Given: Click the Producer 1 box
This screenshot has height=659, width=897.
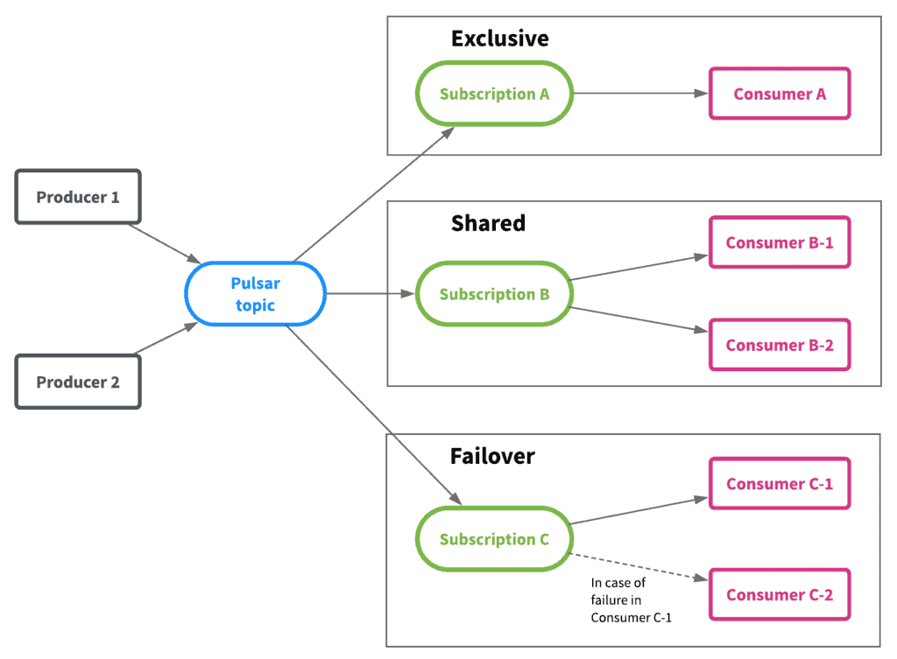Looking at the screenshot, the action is point(78,197).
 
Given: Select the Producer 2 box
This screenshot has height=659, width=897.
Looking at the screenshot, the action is point(78,382).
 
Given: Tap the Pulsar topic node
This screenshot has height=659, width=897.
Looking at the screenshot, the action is point(255,294).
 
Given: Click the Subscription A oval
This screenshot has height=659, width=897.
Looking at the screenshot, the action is point(494,93).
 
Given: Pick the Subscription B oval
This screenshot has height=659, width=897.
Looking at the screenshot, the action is point(494,294).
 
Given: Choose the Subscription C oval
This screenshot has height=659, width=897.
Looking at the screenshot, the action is point(494,538).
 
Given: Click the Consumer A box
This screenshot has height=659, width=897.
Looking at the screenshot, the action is point(780,93).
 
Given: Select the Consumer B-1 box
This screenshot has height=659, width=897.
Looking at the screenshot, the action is point(780,242).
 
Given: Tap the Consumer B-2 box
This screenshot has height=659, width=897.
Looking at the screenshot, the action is point(780,345).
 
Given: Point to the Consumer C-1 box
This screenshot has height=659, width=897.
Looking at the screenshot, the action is point(780,484).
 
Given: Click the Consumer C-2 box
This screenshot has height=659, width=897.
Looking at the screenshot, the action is point(780,594).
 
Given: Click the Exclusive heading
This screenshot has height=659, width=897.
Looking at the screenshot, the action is point(500,39).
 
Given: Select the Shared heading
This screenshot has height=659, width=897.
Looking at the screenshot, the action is point(488,223).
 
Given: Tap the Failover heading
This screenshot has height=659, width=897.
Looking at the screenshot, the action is point(492,456).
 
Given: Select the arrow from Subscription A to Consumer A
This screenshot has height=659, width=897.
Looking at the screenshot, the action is point(640,93).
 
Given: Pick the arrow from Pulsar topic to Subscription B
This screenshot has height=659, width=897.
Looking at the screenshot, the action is point(371,294).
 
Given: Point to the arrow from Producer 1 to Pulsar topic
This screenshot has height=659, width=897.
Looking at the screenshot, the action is point(165,244).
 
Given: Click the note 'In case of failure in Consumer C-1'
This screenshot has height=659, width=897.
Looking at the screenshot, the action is point(631,600).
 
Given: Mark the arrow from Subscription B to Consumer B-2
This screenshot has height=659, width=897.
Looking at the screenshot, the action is point(639,319).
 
